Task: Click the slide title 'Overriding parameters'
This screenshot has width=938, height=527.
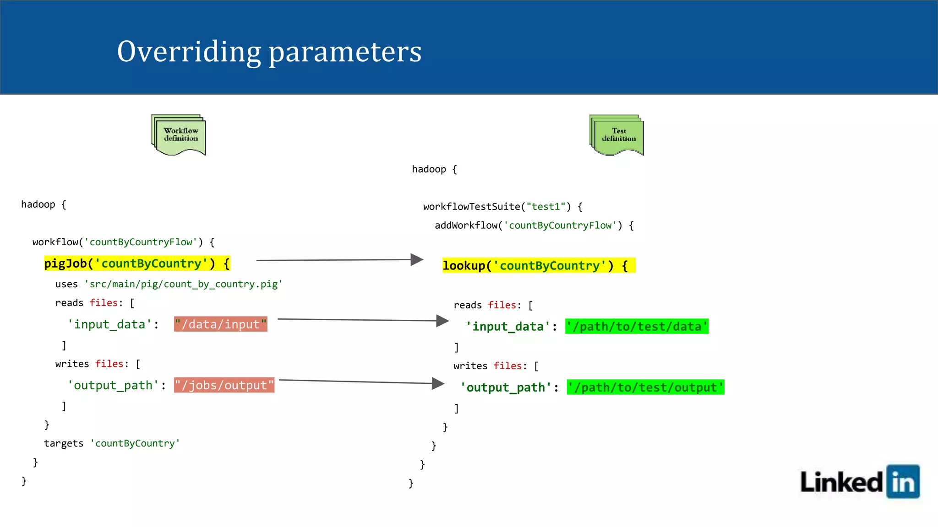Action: [269, 52]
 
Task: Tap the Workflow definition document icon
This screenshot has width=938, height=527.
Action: [179, 134]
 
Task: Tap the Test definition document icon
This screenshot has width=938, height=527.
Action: [616, 134]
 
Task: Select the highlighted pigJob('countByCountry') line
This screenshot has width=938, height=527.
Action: [137, 263]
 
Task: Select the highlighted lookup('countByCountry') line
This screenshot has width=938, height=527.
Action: [538, 266]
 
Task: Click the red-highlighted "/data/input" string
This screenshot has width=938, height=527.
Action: [220, 324]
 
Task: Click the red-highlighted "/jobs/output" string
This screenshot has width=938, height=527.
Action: [224, 385]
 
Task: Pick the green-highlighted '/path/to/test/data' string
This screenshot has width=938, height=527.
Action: [637, 327]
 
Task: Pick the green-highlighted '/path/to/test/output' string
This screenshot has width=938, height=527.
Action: [645, 387]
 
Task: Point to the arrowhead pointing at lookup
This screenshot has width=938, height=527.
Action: [416, 260]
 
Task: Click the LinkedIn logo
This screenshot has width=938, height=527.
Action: [859, 482]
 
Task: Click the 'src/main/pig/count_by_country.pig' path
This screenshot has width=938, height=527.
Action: [183, 284]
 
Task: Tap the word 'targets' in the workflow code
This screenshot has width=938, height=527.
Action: [64, 443]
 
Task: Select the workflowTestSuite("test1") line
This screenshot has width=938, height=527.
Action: [502, 207]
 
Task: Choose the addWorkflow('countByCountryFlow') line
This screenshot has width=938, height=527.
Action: [534, 226]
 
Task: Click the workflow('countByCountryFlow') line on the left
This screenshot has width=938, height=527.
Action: [123, 242]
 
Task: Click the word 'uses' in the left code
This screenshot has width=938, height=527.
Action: [66, 284]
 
